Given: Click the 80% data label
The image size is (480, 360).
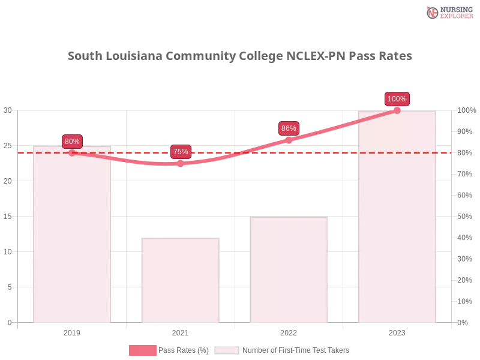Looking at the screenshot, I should [72, 142].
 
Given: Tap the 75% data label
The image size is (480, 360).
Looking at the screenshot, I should [181, 152].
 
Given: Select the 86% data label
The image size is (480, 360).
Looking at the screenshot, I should [289, 128].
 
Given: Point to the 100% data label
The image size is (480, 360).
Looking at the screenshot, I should [397, 99].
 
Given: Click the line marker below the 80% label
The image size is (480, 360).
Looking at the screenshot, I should [72, 153].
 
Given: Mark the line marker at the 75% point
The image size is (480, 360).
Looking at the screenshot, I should [180, 164].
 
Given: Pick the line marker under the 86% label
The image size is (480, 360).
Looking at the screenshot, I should [289, 139].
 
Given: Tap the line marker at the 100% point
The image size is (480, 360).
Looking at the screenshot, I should [397, 110].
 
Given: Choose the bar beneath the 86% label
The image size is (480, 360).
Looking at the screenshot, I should [290, 270].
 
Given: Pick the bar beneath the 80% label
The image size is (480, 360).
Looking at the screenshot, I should [72, 240].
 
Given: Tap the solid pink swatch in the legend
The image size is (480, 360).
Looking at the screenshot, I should [142, 350].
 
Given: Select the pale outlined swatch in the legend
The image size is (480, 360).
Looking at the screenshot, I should [227, 350].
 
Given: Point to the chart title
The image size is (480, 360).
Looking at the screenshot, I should [240, 57].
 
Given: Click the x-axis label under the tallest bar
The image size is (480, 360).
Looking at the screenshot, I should [397, 331].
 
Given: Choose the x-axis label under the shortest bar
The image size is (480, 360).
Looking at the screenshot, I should [180, 331].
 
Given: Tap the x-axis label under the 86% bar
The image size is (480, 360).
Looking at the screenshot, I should [289, 331].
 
